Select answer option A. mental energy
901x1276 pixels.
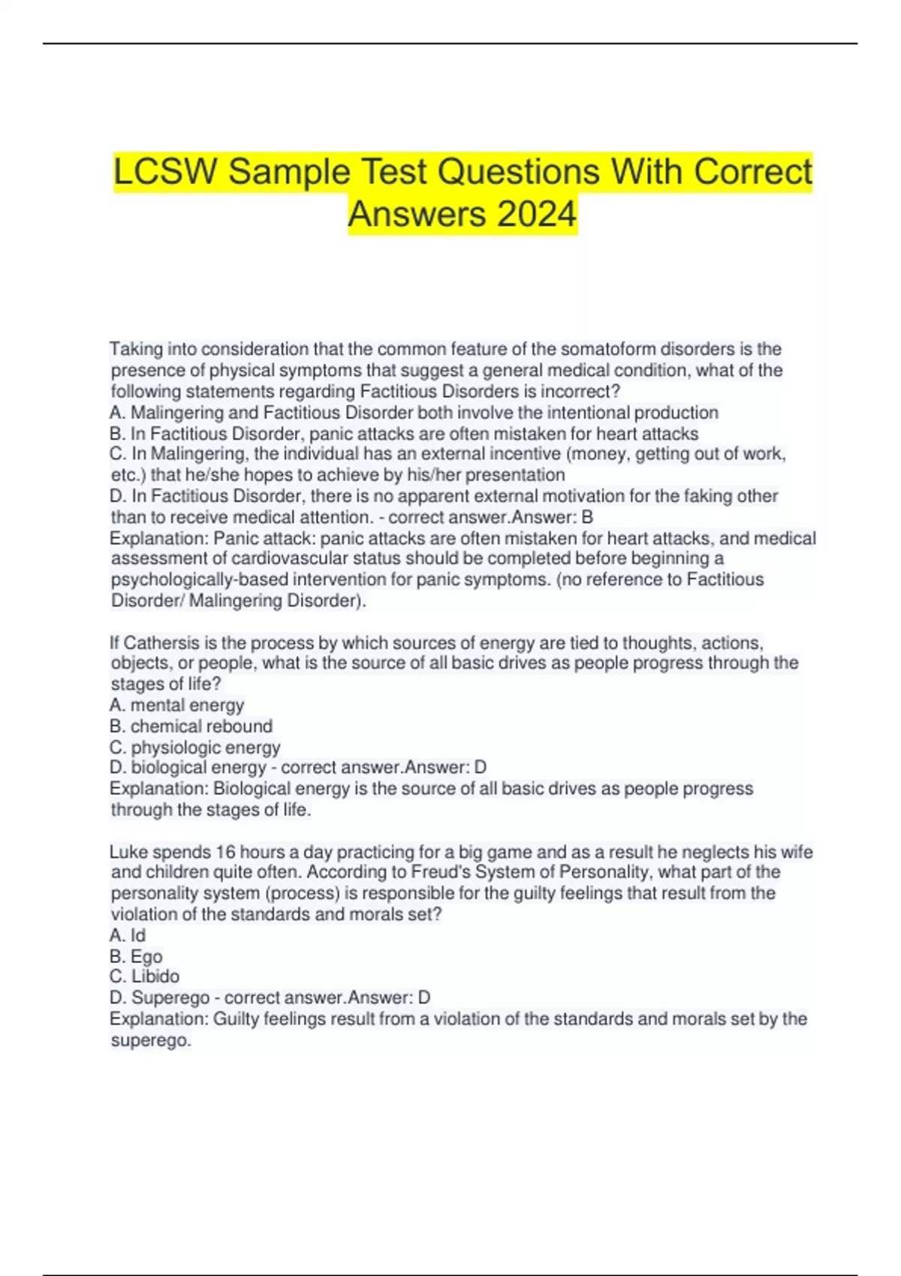coord(177,706)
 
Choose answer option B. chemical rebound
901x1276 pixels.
coord(191,727)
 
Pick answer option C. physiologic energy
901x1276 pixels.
coord(195,748)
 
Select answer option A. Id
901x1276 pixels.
coord(128,935)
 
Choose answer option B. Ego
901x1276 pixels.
coord(136,956)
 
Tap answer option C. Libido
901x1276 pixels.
coord(145,977)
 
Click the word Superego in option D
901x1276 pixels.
coord(170,998)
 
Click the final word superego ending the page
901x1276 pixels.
coord(150,1040)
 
